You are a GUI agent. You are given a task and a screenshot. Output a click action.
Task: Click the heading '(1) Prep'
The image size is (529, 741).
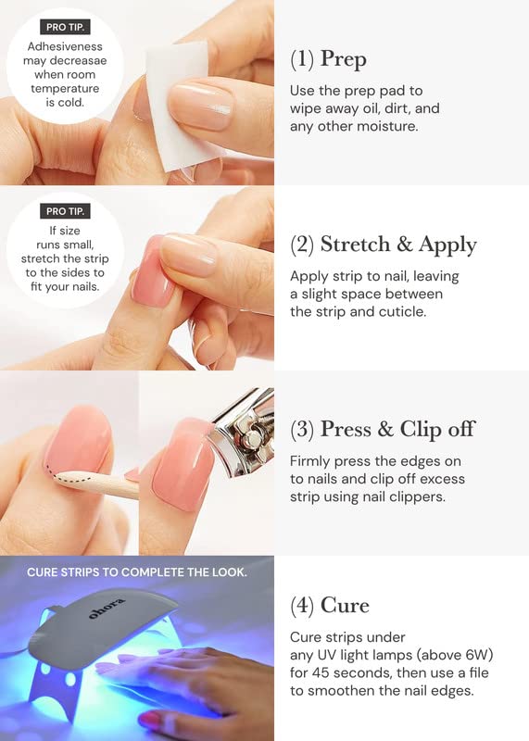click(x=328, y=59)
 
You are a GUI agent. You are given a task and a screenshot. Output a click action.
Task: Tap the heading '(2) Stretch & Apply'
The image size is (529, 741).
click(x=383, y=245)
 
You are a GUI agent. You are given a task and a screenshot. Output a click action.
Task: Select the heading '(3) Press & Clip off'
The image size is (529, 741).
click(x=383, y=429)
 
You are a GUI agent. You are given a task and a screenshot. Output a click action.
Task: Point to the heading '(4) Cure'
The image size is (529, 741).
click(x=330, y=606)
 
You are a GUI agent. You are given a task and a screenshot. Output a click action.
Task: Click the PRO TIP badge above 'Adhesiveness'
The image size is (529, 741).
click(x=65, y=27)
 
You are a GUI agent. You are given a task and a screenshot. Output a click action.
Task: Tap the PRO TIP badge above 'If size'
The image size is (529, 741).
click(x=65, y=211)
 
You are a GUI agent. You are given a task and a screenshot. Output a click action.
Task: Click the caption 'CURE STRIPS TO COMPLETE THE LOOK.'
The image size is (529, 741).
click(x=136, y=572)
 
